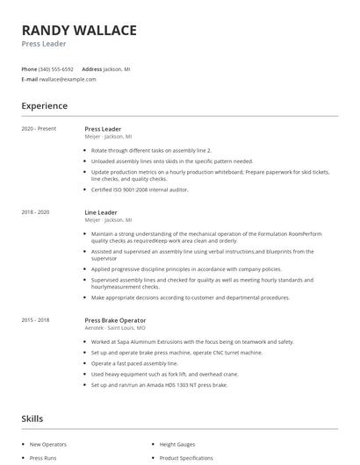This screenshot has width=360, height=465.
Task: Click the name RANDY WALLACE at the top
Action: tap(79, 31)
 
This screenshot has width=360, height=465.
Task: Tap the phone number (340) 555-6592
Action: tap(55, 68)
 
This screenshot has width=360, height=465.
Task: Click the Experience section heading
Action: tap(44, 106)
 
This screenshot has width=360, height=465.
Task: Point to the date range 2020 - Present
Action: tap(39, 129)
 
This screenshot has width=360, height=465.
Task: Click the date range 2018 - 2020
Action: tap(36, 212)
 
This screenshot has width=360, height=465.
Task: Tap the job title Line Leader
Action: tap(102, 212)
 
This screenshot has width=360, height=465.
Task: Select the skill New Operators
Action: tap(47, 445)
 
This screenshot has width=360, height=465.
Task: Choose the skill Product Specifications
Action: tap(186, 458)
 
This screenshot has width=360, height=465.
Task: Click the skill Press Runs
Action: tap(43, 458)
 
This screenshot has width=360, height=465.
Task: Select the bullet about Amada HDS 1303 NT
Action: tap(158, 384)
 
